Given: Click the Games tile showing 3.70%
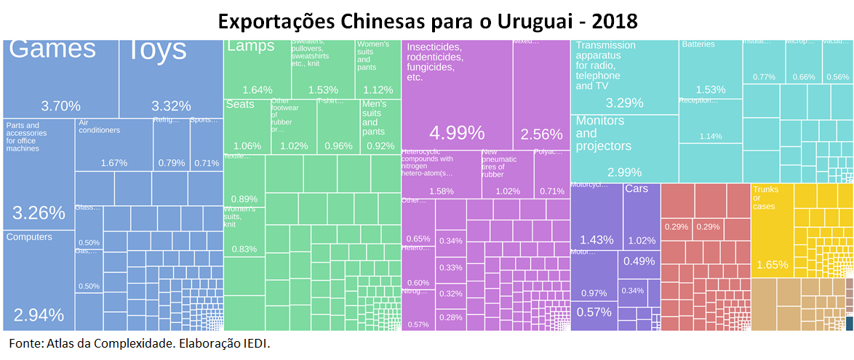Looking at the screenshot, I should coord(61,76).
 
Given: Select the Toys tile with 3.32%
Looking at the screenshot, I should coord(171,76).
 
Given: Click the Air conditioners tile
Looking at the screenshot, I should coord(113,145).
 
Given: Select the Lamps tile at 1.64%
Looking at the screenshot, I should coord(257,69).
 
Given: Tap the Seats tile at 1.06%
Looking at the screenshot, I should coord(247,127).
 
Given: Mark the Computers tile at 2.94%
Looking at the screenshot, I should coord(39,280).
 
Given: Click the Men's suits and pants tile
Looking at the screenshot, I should coord(379,127).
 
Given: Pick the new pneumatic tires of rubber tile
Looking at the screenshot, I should coord(507,175).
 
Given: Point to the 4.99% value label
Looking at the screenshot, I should coord(457,133).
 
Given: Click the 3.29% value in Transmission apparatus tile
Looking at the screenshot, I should coord(625,103).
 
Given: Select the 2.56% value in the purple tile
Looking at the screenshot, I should coord(541,134).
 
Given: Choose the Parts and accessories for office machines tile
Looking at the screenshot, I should coord(39,175).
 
